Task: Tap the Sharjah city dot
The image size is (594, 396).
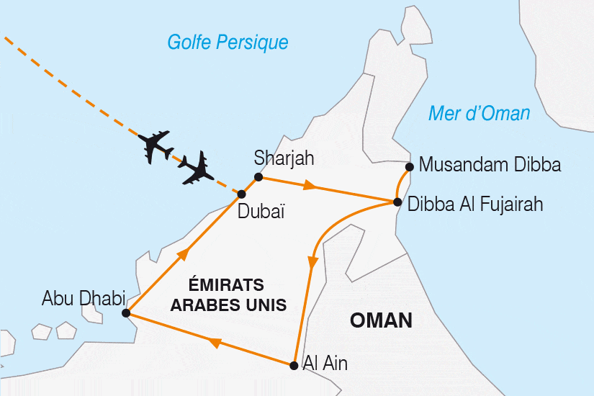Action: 258,176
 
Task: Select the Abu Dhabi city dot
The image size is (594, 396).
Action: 126,313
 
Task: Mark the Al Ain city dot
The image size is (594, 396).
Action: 293,365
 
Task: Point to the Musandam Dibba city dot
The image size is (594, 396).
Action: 409,167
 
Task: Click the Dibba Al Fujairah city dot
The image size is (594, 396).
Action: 397,202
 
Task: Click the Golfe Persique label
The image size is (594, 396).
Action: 228,42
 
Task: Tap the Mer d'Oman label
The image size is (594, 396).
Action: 479,113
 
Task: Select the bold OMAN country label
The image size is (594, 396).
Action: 381,321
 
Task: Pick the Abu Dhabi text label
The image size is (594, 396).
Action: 84,297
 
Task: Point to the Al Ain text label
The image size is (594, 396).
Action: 325,364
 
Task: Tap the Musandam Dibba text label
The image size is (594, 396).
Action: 490,166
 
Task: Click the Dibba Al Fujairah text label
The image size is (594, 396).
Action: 475,204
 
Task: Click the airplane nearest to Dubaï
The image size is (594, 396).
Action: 195,168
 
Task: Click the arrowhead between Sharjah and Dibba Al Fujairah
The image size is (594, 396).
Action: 310,186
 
